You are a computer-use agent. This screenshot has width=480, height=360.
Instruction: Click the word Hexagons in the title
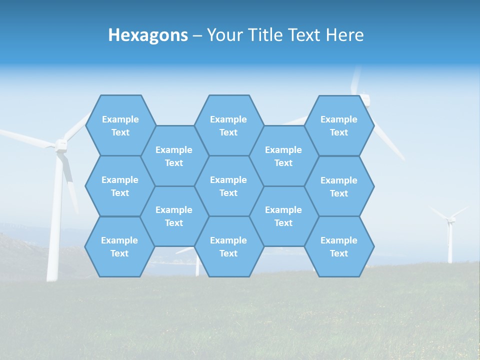click(x=148, y=35)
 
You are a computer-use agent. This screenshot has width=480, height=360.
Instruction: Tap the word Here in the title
click(x=344, y=35)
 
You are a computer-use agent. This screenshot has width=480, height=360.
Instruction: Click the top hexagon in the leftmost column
click(x=120, y=125)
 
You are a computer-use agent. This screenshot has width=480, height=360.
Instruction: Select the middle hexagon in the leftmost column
click(x=120, y=186)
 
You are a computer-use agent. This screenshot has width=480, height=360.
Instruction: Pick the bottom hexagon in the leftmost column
click(x=119, y=246)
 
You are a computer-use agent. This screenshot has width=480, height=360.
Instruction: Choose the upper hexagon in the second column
click(x=174, y=156)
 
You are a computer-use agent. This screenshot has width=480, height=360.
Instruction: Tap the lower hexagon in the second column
click(x=174, y=216)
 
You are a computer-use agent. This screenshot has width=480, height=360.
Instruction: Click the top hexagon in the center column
click(x=228, y=125)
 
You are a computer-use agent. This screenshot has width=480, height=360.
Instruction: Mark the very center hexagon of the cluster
click(x=228, y=186)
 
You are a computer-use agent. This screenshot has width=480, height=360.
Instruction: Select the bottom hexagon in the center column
click(x=228, y=246)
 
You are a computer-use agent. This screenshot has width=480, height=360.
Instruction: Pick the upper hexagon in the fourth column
click(x=283, y=156)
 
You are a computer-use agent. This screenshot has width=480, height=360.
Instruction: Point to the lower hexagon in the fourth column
click(x=283, y=216)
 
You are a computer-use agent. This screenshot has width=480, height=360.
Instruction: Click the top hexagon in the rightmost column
click(x=339, y=125)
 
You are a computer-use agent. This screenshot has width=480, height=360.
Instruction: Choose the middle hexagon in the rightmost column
click(x=339, y=186)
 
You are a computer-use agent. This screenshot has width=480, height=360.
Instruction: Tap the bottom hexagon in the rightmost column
click(x=339, y=246)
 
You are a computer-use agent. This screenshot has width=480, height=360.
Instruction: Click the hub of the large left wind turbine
click(x=60, y=145)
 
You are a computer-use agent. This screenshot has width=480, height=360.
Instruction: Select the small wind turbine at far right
click(x=450, y=235)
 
